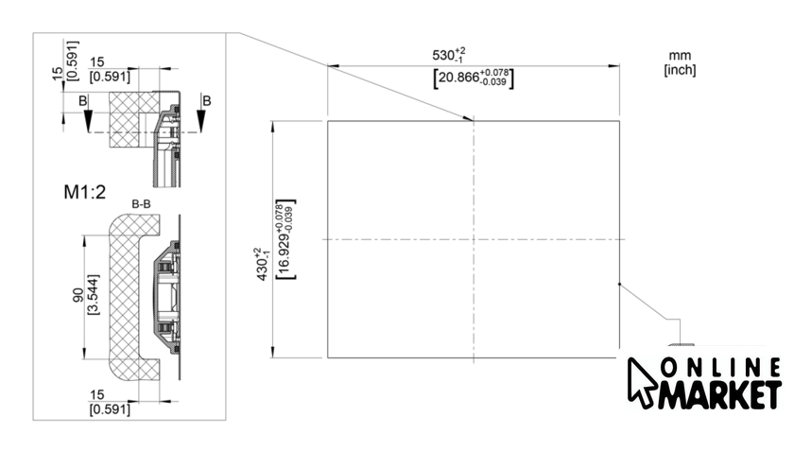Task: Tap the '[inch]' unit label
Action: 680,70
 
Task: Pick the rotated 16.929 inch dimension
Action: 284,239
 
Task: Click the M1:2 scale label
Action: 81,192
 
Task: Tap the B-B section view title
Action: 144,204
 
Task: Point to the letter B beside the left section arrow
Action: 82,99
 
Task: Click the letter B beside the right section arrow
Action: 207,99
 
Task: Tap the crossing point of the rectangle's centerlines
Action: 473,238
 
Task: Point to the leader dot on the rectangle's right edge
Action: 619,283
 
